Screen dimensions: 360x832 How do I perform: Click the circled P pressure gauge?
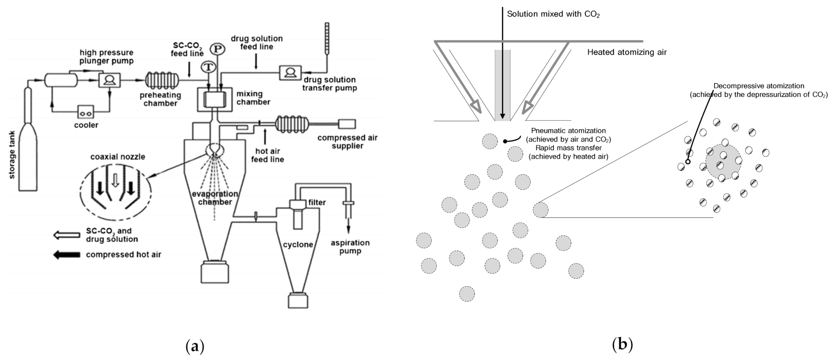(217, 49)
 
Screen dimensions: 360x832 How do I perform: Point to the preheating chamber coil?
(161, 79)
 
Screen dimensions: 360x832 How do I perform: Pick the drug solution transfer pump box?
(290, 72)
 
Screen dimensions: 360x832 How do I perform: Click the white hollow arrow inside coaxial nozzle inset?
(115, 181)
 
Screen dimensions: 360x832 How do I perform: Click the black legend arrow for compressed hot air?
(67, 254)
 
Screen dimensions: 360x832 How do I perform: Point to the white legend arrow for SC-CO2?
(67, 235)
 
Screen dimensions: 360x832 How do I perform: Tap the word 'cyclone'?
(298, 244)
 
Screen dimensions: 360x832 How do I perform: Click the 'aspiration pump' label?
(350, 247)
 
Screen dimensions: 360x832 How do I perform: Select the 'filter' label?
(317, 202)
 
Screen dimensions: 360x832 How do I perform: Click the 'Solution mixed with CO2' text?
(553, 14)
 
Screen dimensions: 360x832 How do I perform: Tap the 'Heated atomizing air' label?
(627, 52)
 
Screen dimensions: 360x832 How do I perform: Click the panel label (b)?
(622, 344)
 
